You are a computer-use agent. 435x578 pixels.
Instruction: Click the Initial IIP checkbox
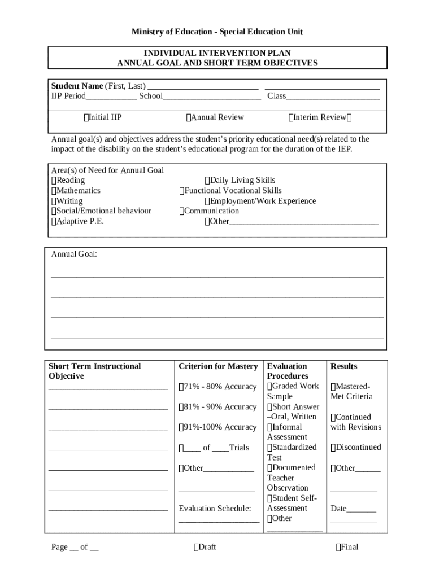[x=86, y=117]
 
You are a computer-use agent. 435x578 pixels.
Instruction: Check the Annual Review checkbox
[x=188, y=117]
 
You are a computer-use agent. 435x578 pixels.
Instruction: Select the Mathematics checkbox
[x=54, y=191]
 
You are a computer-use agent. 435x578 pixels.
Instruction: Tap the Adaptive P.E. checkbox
[x=54, y=221]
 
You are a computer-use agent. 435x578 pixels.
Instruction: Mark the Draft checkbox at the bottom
[x=195, y=547]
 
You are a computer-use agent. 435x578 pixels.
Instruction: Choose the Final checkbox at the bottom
[x=338, y=547]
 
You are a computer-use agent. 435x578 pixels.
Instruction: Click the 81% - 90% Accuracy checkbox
[x=181, y=407]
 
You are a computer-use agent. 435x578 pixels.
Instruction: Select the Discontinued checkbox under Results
[x=333, y=448]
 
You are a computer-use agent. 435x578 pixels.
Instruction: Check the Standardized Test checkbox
[x=270, y=448]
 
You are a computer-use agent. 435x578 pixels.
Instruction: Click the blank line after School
[x=211, y=97]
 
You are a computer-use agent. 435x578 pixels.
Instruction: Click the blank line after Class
[x=333, y=97]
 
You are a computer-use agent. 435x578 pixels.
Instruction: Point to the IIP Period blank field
[x=111, y=97]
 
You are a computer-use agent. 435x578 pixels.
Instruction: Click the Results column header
[x=343, y=366]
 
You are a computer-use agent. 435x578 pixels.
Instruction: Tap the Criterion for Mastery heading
[x=218, y=366]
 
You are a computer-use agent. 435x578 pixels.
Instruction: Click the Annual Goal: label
[x=74, y=255]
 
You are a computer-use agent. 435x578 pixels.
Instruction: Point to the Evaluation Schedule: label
[x=215, y=509]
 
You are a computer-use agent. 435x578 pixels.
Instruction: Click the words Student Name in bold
[x=77, y=86]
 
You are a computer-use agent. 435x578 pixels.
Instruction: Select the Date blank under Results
[x=362, y=509]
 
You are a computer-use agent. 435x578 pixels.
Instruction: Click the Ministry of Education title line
[x=217, y=32]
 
